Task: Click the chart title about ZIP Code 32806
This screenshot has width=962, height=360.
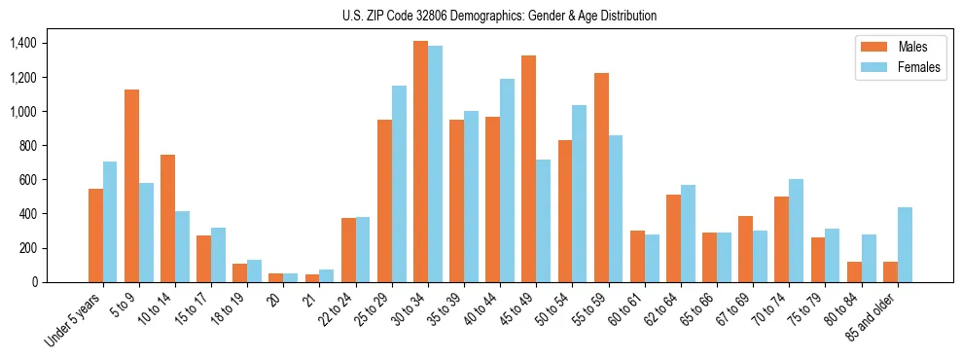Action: click(499, 16)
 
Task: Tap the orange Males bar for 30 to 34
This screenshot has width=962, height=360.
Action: click(420, 162)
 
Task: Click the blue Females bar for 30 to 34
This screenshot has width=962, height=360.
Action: click(435, 163)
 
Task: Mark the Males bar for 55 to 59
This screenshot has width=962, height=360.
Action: click(601, 177)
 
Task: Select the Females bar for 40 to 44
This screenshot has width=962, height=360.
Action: click(508, 180)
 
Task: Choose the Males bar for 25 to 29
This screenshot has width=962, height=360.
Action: click(384, 200)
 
